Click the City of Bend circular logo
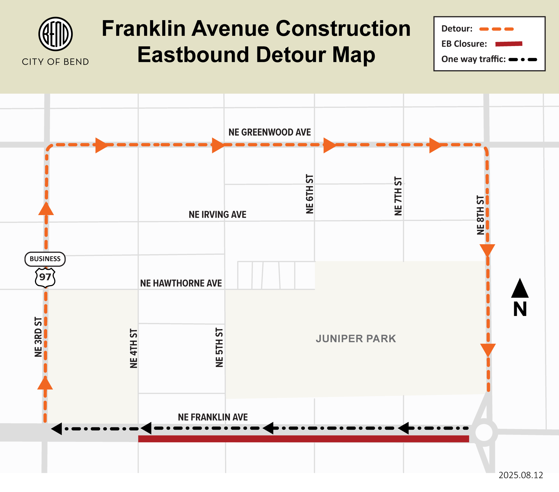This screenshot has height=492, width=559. coord(55,34)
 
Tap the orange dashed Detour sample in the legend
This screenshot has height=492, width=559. coord(496,29)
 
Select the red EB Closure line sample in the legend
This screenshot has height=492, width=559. coord(509,44)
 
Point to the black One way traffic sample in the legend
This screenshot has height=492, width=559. coord(523,59)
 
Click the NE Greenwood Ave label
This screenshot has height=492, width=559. coord(269,132)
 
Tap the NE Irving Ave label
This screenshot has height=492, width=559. coord(217,215)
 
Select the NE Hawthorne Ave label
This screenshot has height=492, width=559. coord(181,283)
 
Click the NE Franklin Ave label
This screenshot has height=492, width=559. coord(213,417)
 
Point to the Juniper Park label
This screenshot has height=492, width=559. coord(356,339)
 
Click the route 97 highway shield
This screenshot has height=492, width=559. coord(45,277)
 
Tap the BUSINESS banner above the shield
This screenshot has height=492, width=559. coord(45,259)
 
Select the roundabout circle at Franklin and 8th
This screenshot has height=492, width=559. coord(484,432)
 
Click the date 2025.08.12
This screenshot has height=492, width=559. coord(521,475)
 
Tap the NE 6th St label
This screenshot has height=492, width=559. coord(310,194)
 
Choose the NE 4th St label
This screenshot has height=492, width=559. coord(133,348)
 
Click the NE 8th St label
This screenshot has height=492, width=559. coord(480,215)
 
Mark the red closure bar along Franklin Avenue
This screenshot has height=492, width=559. coord(303,439)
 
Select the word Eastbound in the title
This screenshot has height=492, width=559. coord(193,55)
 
